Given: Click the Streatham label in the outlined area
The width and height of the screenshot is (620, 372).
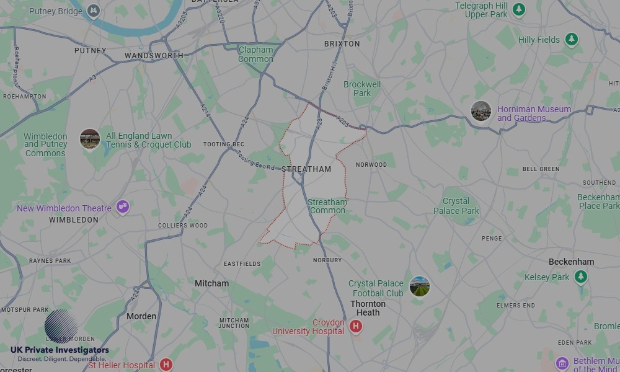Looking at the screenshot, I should tap(306, 169).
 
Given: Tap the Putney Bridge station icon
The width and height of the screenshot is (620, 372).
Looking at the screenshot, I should tap(93, 11).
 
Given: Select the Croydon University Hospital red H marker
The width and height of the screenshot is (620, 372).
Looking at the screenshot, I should tap(355, 326).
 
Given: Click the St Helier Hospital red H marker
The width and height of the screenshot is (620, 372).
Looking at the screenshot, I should tap(166, 364).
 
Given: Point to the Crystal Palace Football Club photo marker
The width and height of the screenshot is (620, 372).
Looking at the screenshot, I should tap(420, 286).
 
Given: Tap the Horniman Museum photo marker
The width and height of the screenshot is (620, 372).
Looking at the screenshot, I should tap(481, 111).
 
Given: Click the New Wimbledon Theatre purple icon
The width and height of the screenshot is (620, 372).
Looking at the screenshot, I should tap(123, 206).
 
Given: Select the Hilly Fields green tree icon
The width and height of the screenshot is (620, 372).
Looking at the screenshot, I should tap(571, 40).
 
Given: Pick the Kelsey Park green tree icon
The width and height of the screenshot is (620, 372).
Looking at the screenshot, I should tap(580, 277).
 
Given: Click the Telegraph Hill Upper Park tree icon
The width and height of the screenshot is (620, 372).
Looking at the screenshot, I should tap(519, 9).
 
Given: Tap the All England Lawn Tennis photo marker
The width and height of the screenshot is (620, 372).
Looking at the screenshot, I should tap(90, 139).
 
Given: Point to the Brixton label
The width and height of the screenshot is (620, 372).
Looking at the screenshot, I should tap(342, 44).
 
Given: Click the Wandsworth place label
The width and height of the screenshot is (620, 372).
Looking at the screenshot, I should tap(154, 56).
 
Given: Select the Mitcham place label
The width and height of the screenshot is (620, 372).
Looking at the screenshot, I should tap(211, 283).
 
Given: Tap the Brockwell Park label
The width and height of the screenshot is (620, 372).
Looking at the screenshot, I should tap(362, 89).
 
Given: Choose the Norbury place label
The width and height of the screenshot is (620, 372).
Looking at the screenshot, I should tap(327, 260).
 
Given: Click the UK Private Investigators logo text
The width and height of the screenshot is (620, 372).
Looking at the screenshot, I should tap(60, 350).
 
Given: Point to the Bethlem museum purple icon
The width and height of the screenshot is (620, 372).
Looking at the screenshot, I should tap(562, 363).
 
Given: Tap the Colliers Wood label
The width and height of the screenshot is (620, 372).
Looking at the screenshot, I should tap(183, 226).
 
